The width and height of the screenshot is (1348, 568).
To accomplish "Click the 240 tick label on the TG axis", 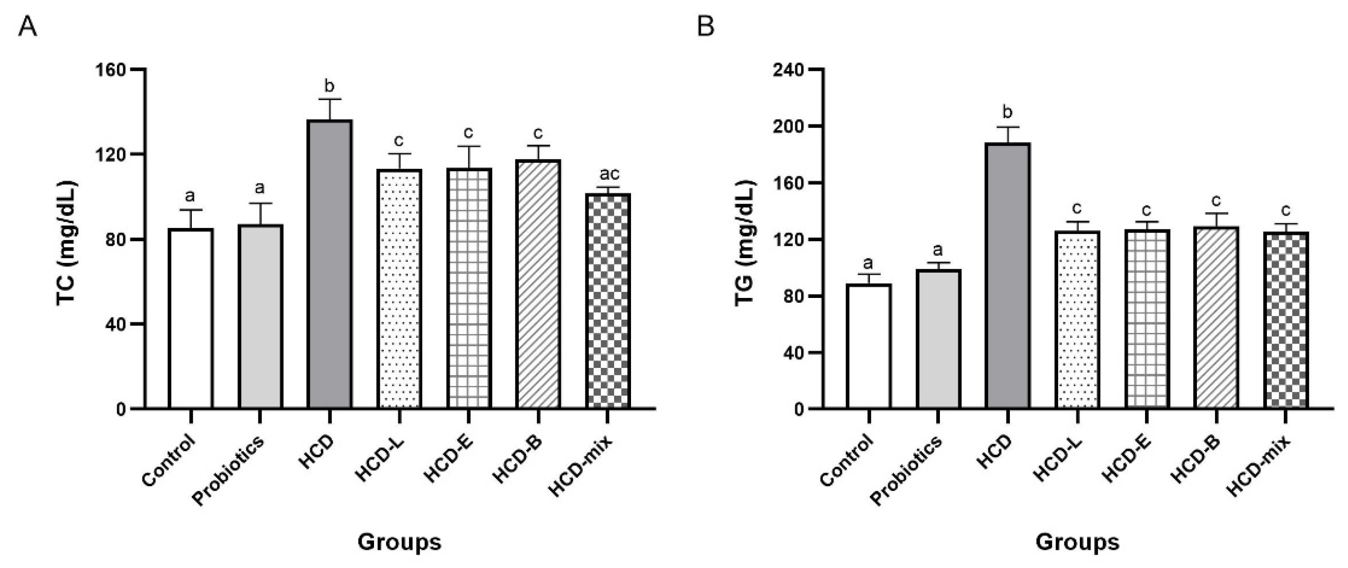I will click(789, 70).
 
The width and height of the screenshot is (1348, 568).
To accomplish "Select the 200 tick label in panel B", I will click(789, 127).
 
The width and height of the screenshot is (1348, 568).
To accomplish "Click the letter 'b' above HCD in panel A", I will click(329, 86).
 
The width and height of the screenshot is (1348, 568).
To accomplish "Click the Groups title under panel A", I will click(399, 542).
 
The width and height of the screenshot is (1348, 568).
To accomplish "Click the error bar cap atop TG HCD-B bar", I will click(1216, 213).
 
